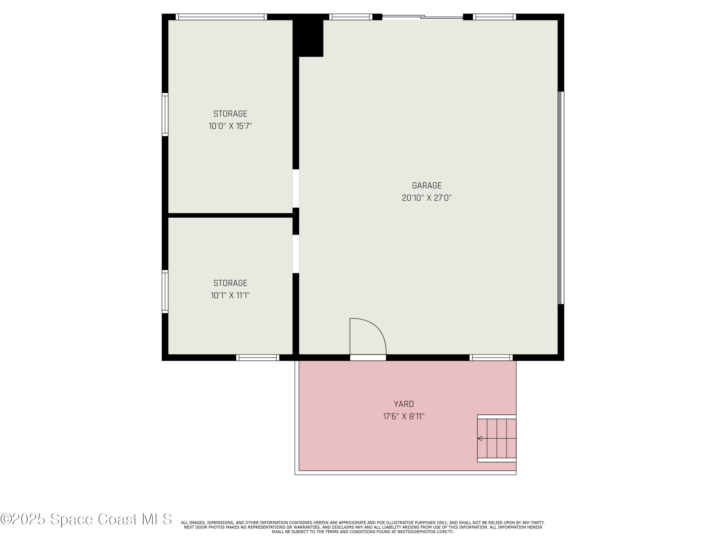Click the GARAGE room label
pos(427,186)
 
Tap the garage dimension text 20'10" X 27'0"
pos(427,198)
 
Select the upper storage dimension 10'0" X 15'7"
pos(230,126)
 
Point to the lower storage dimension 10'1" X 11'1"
pos(230,295)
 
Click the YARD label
pos(404,404)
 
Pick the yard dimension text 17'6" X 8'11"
pos(404,416)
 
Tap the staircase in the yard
pos(497,438)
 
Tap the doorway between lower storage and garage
pos(296,254)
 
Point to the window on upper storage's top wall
pos(221,17)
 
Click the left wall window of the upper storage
pos(165,114)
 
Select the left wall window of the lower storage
pos(165,292)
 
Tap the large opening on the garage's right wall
pos(561,198)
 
